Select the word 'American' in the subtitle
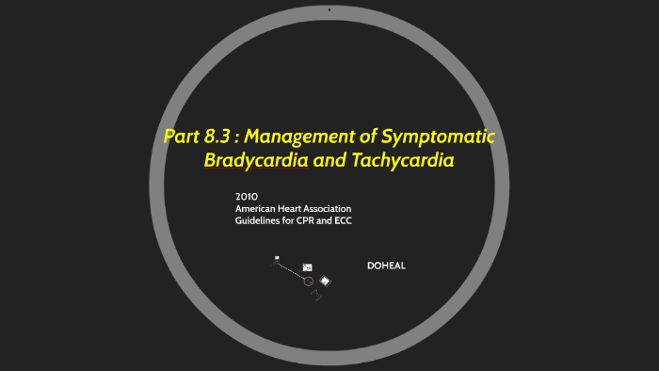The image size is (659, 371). click(258, 208)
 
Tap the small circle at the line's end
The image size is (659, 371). click(309, 281)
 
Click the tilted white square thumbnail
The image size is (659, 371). click(325, 280)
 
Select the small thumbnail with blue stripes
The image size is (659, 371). click(307, 267)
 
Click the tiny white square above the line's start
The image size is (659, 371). click(277, 257)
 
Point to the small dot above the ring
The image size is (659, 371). click(329, 8)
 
